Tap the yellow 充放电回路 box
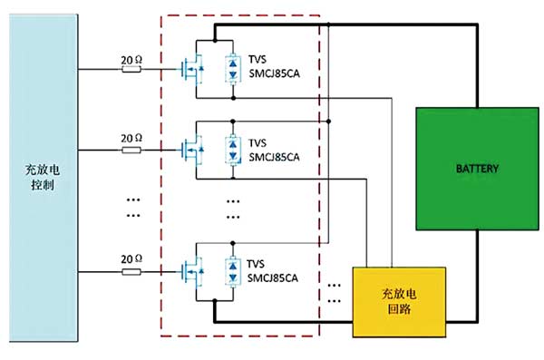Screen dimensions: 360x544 (400, 300)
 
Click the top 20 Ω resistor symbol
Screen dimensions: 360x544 (131, 69)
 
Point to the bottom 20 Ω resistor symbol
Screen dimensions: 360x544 (131, 269)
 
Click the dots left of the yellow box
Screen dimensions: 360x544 (336, 287)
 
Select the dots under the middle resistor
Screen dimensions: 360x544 (131, 209)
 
